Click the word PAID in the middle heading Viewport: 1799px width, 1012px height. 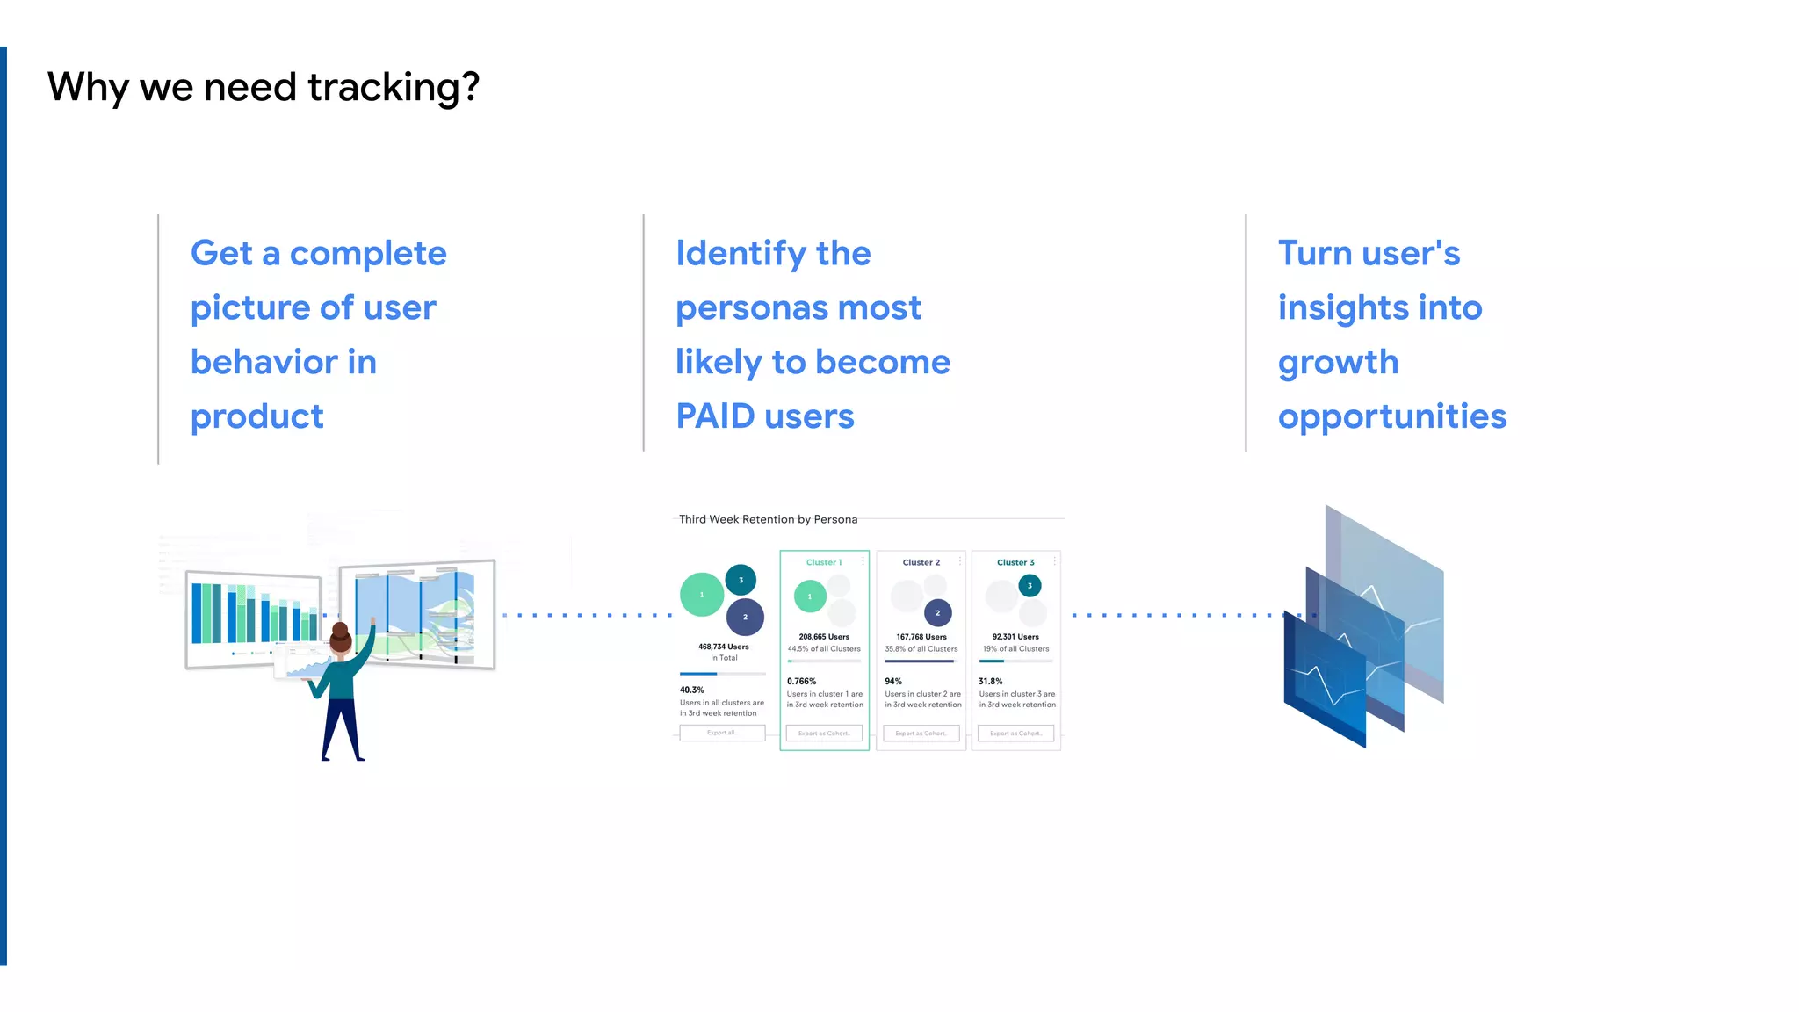click(x=715, y=416)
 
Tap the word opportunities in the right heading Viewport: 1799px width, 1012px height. click(x=1391, y=417)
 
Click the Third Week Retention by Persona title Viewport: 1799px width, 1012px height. click(x=768, y=519)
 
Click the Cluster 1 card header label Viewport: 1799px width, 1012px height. click(x=824, y=562)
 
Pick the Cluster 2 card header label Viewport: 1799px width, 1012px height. click(x=921, y=562)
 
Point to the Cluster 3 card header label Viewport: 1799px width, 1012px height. click(x=1015, y=562)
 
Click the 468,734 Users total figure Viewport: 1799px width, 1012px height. click(x=723, y=647)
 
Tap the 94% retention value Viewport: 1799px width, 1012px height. click(x=893, y=681)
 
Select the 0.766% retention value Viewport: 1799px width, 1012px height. click(x=801, y=681)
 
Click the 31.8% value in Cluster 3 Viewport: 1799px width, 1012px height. click(x=990, y=681)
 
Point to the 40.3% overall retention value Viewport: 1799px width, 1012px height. click(x=691, y=690)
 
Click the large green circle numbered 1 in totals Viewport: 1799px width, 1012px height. click(x=701, y=595)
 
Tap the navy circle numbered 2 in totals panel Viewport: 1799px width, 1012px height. click(x=745, y=617)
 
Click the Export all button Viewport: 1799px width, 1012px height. click(x=722, y=733)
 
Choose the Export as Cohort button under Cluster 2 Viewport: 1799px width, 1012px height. click(x=921, y=733)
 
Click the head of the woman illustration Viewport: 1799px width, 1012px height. click(x=341, y=638)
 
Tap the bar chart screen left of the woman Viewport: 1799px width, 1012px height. click(x=253, y=618)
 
